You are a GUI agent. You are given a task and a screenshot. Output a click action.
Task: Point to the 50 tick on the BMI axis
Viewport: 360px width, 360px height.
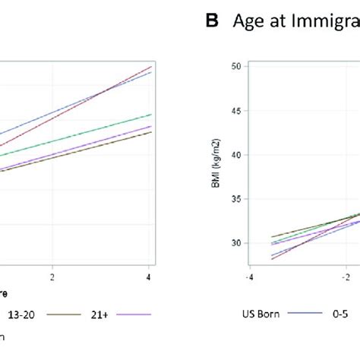point(235,66)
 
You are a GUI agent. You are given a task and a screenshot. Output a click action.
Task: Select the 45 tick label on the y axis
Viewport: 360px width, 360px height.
point(235,111)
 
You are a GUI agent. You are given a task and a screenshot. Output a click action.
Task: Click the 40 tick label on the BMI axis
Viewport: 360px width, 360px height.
point(235,155)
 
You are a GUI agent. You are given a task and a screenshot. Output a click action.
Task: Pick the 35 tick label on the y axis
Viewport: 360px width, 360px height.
point(235,200)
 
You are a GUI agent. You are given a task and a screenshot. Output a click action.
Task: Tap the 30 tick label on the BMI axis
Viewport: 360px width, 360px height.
point(235,244)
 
